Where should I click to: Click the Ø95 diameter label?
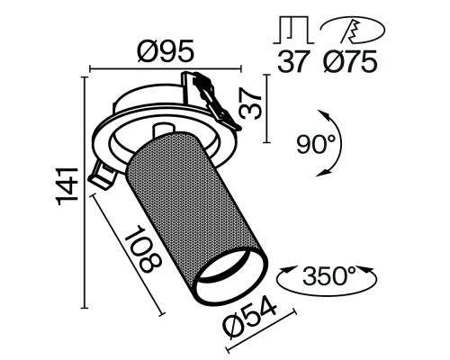[167, 52]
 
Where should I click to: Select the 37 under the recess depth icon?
[290, 63]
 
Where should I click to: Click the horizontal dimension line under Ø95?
[166, 66]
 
